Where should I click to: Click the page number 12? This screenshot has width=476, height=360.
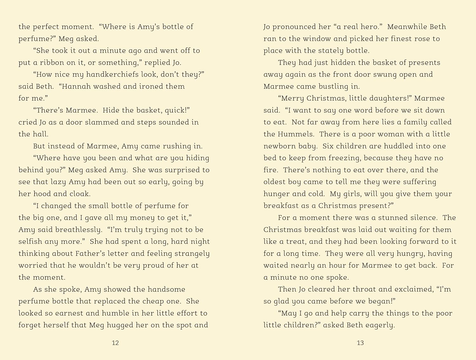pos(115,343)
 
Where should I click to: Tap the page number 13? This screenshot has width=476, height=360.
pos(360,343)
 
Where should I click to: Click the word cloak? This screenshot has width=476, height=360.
pos(80,194)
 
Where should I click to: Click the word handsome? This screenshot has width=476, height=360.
pos(167,290)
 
